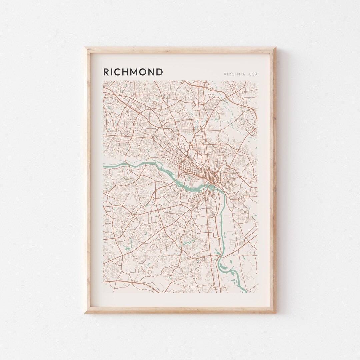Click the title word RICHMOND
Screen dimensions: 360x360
coord(133,72)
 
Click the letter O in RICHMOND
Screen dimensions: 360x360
coord(144,72)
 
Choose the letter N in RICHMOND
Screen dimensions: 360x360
coord(152,72)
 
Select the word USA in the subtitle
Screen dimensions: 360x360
coord(254,74)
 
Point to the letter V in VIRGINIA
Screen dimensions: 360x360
coord(225,74)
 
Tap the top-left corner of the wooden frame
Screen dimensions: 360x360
coord(85,48)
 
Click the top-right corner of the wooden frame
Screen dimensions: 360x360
coord(275,48)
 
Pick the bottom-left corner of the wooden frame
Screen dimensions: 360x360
coord(85,312)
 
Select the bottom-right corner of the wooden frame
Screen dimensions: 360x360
coord(275,312)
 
